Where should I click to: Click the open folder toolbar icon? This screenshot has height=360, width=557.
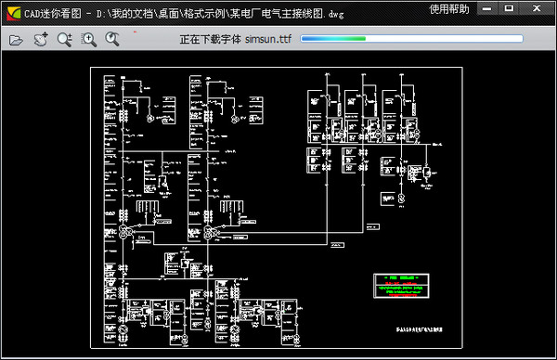pyautogui.click(x=16, y=39)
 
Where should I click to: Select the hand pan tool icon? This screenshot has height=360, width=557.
pyautogui.click(x=41, y=39)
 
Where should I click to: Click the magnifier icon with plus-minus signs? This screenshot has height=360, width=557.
pyautogui.click(x=64, y=39)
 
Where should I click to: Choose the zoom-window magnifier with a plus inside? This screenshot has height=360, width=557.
pyautogui.click(x=89, y=39)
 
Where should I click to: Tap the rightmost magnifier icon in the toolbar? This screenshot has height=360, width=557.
pyautogui.click(x=112, y=39)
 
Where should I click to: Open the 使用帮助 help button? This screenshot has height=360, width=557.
pyautogui.click(x=449, y=9)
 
